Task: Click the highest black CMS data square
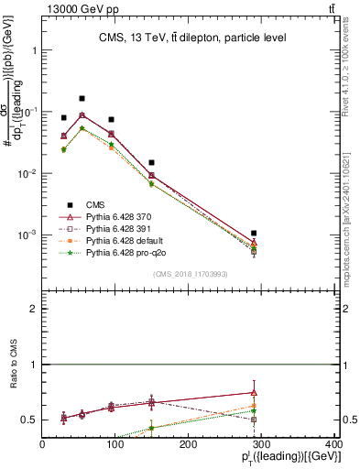(x=82, y=98)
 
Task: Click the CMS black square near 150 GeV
(x=152, y=162)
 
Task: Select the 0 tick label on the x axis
(x=43, y=445)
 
